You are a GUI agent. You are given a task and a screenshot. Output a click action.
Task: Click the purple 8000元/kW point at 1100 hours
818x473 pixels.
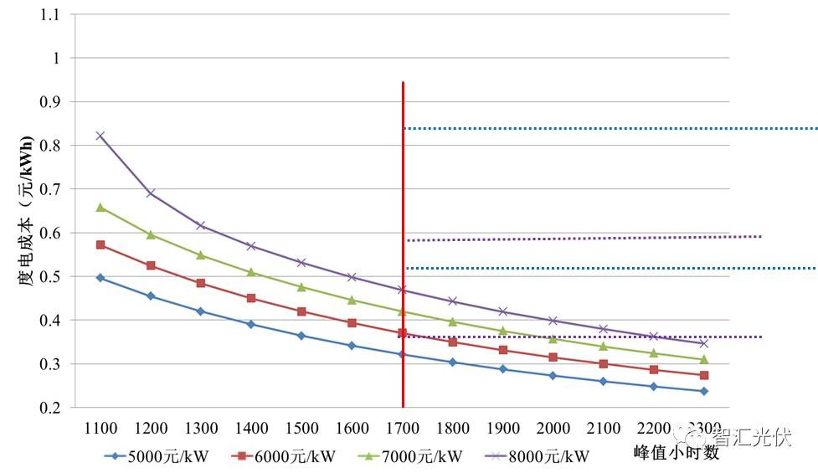(x=100, y=136)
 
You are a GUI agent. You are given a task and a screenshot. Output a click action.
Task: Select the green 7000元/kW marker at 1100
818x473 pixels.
(x=100, y=207)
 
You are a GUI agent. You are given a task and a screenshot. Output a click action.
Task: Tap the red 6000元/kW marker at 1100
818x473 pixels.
(x=100, y=244)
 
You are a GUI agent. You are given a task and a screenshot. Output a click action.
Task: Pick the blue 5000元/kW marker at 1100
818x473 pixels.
(x=100, y=277)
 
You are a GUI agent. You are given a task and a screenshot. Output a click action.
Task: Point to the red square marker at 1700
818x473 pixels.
(x=403, y=333)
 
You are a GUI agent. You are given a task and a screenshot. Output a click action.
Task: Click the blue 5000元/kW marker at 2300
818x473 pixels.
(x=703, y=391)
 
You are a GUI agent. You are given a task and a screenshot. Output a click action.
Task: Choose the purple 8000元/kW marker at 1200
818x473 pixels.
(x=151, y=193)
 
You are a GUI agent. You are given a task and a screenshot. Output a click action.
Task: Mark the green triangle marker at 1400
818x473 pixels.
(x=251, y=272)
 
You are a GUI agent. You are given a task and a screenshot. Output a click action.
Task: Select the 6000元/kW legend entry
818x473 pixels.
(x=284, y=456)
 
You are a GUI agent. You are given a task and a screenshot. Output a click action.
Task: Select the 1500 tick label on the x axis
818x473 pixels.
(x=301, y=429)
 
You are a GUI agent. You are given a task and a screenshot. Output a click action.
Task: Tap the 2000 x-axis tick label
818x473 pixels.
(x=553, y=429)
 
